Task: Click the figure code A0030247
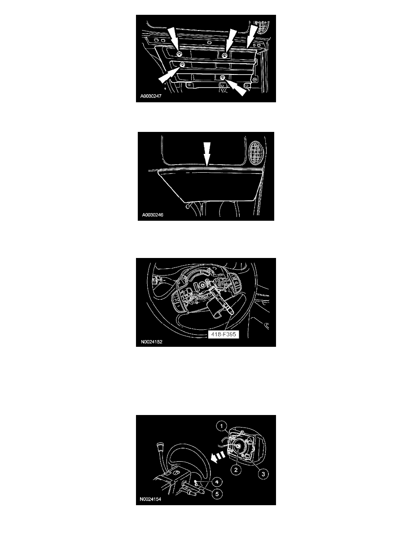(x=151, y=96)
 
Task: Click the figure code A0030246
(x=153, y=215)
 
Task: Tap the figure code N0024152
(x=152, y=341)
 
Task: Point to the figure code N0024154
(x=150, y=499)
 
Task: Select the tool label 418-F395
(x=224, y=334)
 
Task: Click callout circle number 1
(x=222, y=426)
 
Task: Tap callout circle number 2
(x=236, y=470)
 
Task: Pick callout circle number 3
(x=263, y=474)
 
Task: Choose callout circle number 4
(x=217, y=482)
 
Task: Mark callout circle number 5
(x=217, y=494)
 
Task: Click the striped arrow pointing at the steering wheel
(x=218, y=457)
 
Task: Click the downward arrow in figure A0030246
(x=207, y=153)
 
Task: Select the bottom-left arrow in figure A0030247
(x=170, y=74)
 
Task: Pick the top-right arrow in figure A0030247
(x=252, y=35)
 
